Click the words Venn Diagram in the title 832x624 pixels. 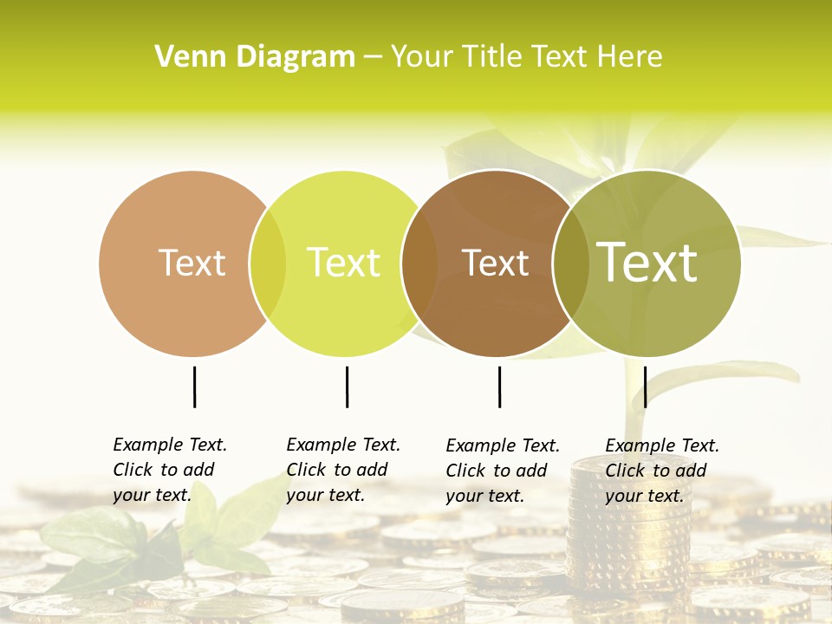[x=255, y=57]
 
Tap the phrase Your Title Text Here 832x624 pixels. [x=526, y=57]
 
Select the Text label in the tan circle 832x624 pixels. [x=192, y=263]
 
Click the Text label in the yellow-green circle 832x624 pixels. [x=343, y=263]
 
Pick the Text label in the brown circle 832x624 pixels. [x=495, y=263]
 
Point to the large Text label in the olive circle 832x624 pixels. [x=647, y=262]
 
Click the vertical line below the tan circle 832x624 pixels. [x=194, y=387]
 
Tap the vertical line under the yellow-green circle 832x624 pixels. [x=347, y=387]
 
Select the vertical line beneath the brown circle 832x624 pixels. [x=499, y=387]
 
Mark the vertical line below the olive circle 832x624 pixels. [x=645, y=387]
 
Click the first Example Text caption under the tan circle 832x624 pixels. [x=170, y=470]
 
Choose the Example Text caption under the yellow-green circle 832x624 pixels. [x=343, y=470]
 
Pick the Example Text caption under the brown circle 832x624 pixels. [x=503, y=471]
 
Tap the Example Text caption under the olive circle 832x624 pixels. [x=662, y=471]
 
